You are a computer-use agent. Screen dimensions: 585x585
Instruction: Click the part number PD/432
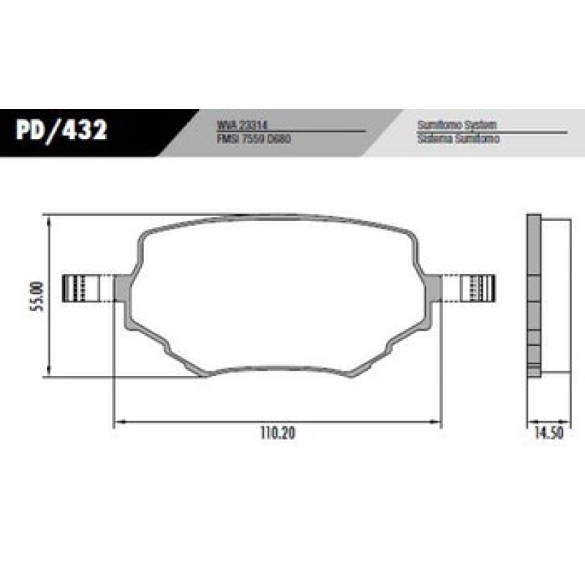pyautogui.click(x=61, y=131)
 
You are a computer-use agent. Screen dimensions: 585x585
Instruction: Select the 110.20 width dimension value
pyautogui.click(x=277, y=433)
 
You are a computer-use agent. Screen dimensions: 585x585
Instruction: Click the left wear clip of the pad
pyautogui.click(x=80, y=287)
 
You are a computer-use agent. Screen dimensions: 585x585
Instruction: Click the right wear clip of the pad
pyautogui.click(x=478, y=287)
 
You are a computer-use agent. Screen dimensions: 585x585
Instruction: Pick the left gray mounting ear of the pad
pyautogui.click(x=121, y=289)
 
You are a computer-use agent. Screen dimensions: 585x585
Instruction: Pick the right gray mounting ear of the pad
pyautogui.click(x=434, y=287)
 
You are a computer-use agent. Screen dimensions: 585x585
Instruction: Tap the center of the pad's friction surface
pyautogui.click(x=277, y=292)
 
